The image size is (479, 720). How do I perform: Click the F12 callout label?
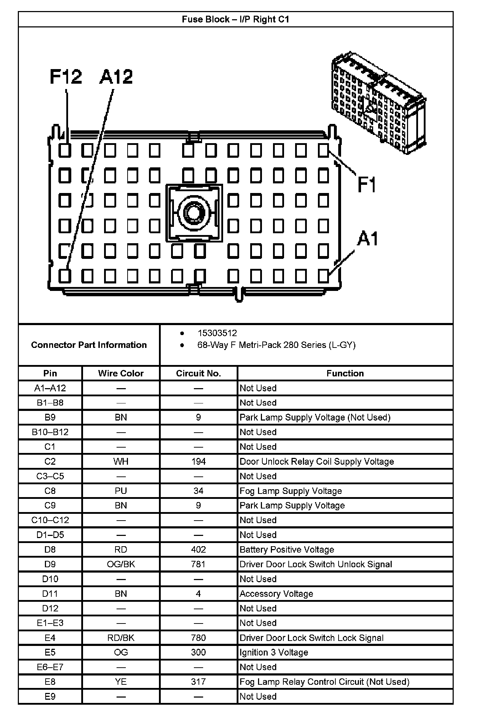pos(66,77)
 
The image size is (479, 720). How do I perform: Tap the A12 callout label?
pos(116,77)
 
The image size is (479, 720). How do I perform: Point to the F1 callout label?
pos(367,184)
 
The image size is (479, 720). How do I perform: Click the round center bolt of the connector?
pos(194,213)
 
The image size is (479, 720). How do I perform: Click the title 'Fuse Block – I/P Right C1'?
pos(236,19)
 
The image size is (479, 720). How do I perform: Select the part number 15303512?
pos(217,333)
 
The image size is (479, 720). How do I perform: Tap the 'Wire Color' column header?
pos(121,373)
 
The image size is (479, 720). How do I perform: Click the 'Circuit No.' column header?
pos(199,373)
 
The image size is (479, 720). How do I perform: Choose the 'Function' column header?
pos(345,373)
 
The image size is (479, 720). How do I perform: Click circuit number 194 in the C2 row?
pos(199,461)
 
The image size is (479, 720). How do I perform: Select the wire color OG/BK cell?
pos(121,564)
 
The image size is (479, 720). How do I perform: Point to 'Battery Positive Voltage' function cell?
pos(287,549)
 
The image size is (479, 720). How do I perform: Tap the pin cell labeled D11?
pos(50,594)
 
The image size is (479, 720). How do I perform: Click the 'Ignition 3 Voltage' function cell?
pos(274,652)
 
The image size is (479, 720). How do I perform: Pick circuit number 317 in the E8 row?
pos(199,682)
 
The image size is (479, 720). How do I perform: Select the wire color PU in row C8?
pos(121,491)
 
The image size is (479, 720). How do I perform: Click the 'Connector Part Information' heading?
pos(89,345)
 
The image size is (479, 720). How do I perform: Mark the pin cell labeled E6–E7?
pos(50,667)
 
